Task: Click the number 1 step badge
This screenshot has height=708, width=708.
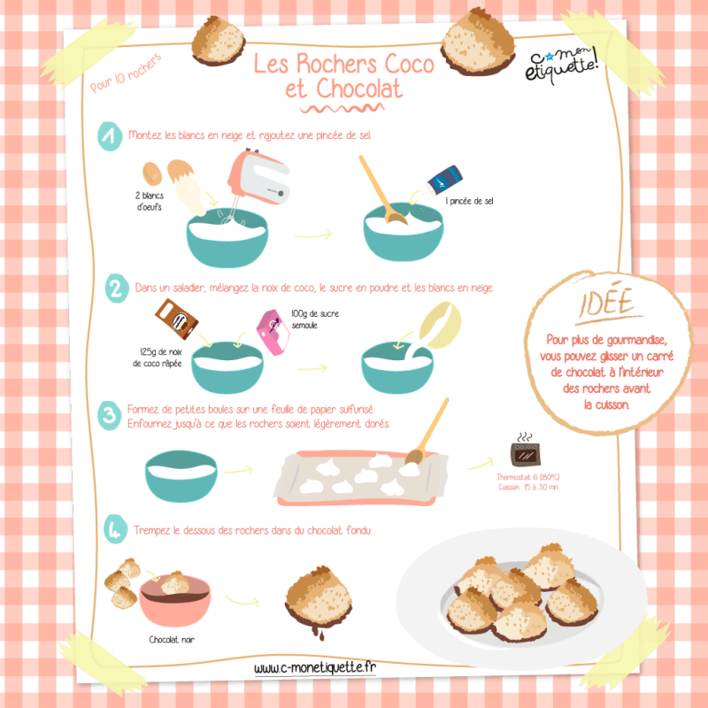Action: [x=110, y=136]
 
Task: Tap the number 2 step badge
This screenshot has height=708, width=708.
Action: [x=117, y=289]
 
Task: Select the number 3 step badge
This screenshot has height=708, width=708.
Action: [x=109, y=415]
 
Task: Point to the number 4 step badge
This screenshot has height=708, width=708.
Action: [x=115, y=529]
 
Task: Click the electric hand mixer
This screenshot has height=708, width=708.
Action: [x=257, y=181]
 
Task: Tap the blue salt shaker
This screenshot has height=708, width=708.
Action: [x=443, y=181]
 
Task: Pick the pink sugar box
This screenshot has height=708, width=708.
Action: [x=273, y=332]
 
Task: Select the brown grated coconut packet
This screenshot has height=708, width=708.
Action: [x=176, y=319]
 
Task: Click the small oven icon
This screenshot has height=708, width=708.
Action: [x=525, y=450]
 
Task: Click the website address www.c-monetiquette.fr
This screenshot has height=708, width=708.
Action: [x=315, y=667]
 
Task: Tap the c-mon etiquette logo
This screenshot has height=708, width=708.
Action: [x=562, y=65]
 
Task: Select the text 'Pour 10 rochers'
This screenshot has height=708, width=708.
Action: [x=126, y=73]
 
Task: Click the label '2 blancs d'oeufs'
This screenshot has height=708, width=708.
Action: [x=150, y=202]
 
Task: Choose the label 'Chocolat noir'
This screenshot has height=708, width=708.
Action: [x=172, y=639]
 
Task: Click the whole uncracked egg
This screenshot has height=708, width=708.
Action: [x=152, y=173]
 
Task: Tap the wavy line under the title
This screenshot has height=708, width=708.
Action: [x=342, y=108]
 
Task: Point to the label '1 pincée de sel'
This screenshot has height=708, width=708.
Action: [x=470, y=201]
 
